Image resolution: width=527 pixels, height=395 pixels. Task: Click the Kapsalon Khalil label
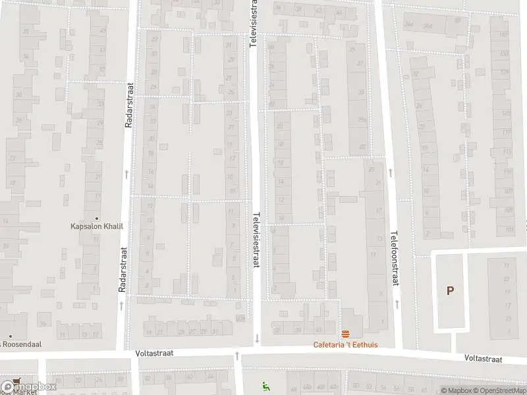(x=97, y=226)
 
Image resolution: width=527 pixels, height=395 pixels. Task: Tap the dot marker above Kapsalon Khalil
(x=97, y=218)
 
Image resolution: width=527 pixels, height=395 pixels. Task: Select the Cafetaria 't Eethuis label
(x=345, y=345)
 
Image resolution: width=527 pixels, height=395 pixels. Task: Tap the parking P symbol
(x=451, y=290)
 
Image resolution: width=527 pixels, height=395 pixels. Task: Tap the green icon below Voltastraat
(x=266, y=386)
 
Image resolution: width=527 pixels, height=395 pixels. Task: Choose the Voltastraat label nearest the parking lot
(x=483, y=359)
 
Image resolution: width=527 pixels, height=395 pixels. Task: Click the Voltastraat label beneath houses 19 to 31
(x=154, y=353)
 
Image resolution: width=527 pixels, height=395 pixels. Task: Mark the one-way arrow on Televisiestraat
(x=256, y=338)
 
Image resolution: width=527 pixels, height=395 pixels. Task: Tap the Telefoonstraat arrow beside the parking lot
(x=398, y=304)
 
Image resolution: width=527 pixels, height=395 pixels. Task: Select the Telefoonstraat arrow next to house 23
(x=391, y=172)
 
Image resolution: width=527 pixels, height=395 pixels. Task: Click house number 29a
(x=362, y=119)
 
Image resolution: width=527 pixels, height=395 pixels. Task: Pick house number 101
(x=509, y=230)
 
